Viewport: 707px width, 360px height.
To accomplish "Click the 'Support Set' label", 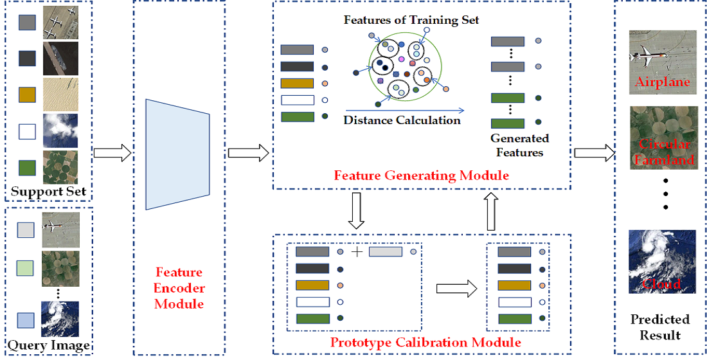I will [48, 192].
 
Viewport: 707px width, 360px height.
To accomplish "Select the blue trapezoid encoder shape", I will [178, 154].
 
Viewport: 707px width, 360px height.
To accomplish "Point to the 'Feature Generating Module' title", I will [421, 175].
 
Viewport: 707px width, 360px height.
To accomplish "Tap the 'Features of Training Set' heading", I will [411, 20].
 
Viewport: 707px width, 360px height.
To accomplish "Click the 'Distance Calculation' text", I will [402, 120].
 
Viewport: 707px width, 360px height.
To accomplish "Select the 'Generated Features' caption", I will [519, 145].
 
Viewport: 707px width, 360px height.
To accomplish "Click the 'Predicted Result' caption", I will [659, 327].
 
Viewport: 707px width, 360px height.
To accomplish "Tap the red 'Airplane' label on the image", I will [662, 82].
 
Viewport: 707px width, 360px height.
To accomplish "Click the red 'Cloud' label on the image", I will [661, 284].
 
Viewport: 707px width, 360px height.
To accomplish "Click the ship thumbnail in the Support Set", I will [60, 59].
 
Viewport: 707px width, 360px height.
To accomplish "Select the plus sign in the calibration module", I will [357, 251].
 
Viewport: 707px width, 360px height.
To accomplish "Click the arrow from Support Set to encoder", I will [112, 153].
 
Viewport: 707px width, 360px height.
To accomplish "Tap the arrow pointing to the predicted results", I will [593, 153].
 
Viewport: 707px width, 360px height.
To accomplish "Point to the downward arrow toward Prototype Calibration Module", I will [355, 211].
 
